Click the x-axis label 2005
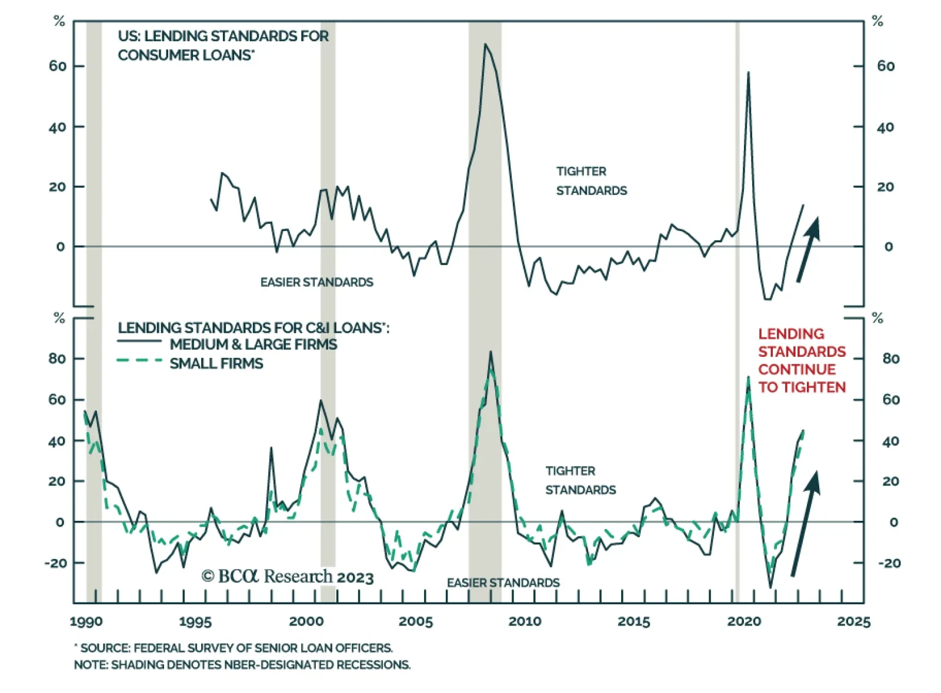415,621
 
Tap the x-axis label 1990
86,621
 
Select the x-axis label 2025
853,621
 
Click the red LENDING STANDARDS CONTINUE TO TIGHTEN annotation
802,360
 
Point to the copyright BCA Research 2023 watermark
288,577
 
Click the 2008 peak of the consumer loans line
485,44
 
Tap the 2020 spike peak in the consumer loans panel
748,72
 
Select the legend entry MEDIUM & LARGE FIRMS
253,344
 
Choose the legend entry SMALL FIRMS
216,364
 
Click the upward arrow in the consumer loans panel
807,249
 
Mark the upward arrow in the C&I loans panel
805,523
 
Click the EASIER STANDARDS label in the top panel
316,283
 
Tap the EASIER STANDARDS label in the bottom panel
503,582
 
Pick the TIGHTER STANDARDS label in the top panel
591,181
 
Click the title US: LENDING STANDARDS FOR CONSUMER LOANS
223,45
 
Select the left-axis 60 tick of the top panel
58,66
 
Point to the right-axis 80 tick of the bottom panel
890,359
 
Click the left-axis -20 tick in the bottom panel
55,563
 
